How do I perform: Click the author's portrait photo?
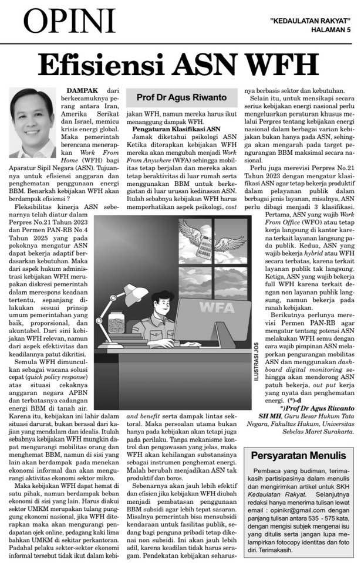[32, 120]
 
